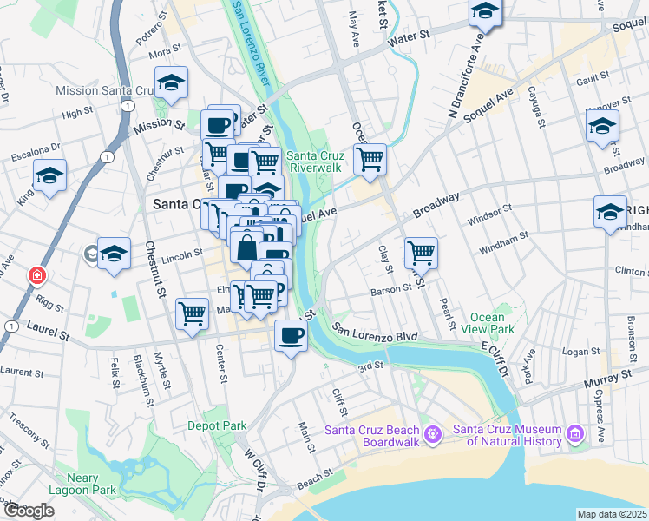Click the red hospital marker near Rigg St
(x=36, y=276)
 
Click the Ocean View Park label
(x=492, y=323)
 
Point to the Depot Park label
(x=217, y=425)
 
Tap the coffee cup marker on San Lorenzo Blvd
(x=291, y=335)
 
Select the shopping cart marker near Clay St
(x=421, y=253)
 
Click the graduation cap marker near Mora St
(x=172, y=83)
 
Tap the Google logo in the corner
(x=29, y=511)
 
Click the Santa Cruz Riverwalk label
(x=317, y=161)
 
